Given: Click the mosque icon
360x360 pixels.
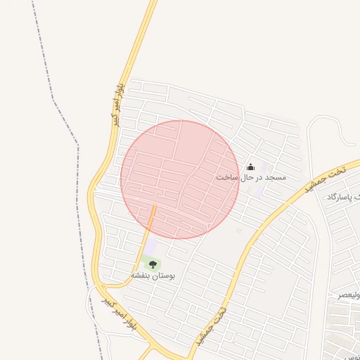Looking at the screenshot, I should point(250,167).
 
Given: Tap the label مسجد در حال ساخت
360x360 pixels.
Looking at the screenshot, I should point(251,178).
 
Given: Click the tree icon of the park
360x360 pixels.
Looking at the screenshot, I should point(153,264).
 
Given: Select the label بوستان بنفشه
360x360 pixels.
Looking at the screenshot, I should point(154,276).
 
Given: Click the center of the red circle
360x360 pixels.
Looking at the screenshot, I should point(181,179).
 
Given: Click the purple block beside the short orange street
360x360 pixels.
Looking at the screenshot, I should point(150,247).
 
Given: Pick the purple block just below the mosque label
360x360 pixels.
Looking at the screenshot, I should point(258,191).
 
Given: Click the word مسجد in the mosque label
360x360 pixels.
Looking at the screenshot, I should point(274,178).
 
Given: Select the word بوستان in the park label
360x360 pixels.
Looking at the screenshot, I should point(164,276).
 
